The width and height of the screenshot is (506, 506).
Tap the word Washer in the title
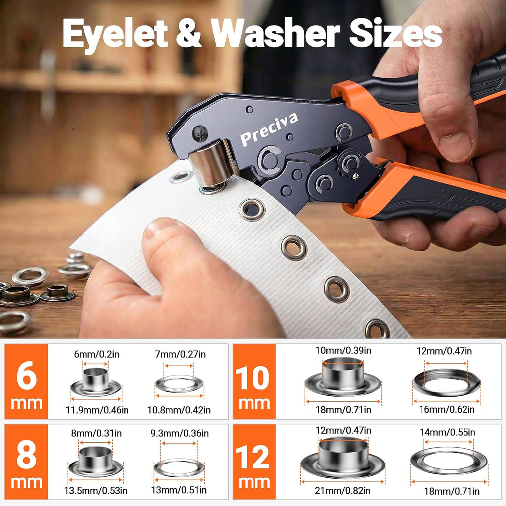coord(276,33)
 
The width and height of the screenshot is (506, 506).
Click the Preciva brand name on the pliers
coord(269,129)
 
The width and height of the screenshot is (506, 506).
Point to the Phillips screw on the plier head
coord(200,133)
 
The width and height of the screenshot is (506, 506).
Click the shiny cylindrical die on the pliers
coord(212,164)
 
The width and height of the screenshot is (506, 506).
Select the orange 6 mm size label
coord(27,381)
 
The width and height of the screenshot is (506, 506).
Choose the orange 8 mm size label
coord(27,462)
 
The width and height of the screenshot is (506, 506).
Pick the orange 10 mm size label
coord(254,381)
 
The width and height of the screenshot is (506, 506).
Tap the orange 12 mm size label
coord(254,462)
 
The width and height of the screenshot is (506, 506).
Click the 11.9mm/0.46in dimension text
coord(97,410)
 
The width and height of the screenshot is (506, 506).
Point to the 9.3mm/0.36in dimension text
coord(179,433)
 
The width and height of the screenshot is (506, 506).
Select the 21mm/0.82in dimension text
coord(342,491)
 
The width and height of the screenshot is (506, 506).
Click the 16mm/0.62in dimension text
coord(447,409)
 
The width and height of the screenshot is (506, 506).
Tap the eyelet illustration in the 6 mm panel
coord(95,382)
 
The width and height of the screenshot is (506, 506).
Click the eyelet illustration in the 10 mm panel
coord(343,378)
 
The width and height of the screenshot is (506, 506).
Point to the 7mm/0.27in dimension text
coord(180,354)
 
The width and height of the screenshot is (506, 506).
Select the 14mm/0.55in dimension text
coord(447,432)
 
